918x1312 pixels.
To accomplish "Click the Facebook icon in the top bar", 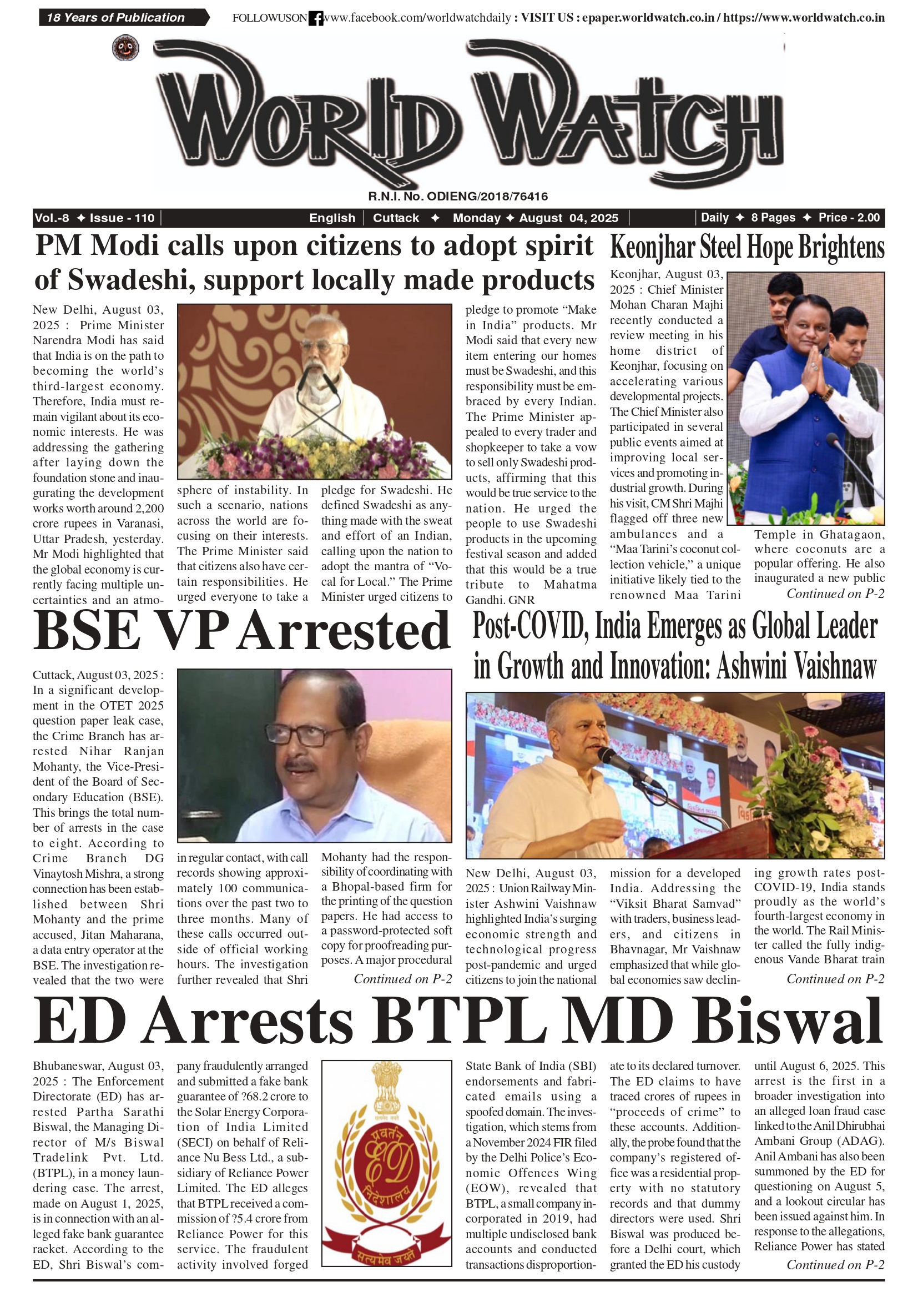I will point(315,18).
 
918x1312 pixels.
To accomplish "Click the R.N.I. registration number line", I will point(458,197).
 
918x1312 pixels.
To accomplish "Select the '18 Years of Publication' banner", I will point(116,18).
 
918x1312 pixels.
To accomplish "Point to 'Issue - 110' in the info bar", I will point(122,218).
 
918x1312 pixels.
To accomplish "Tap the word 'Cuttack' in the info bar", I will point(396,218).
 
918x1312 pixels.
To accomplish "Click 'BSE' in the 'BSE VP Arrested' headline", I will point(87,631).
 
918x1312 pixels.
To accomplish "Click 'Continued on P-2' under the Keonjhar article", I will point(835,594).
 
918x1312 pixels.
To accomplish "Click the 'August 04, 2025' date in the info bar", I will point(568,218).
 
